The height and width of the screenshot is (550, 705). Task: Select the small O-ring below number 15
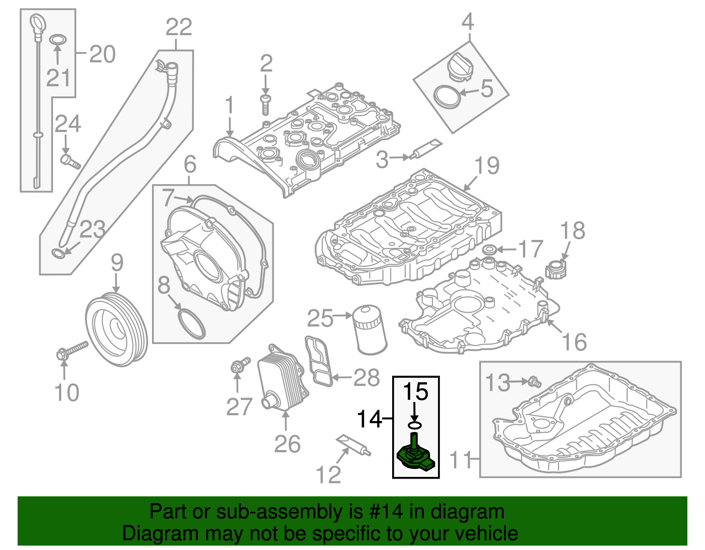coord(415,425)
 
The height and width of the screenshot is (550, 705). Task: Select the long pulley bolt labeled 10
coord(73,351)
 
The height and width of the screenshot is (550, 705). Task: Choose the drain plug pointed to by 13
coord(534,381)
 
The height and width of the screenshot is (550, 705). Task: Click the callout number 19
coord(487,166)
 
